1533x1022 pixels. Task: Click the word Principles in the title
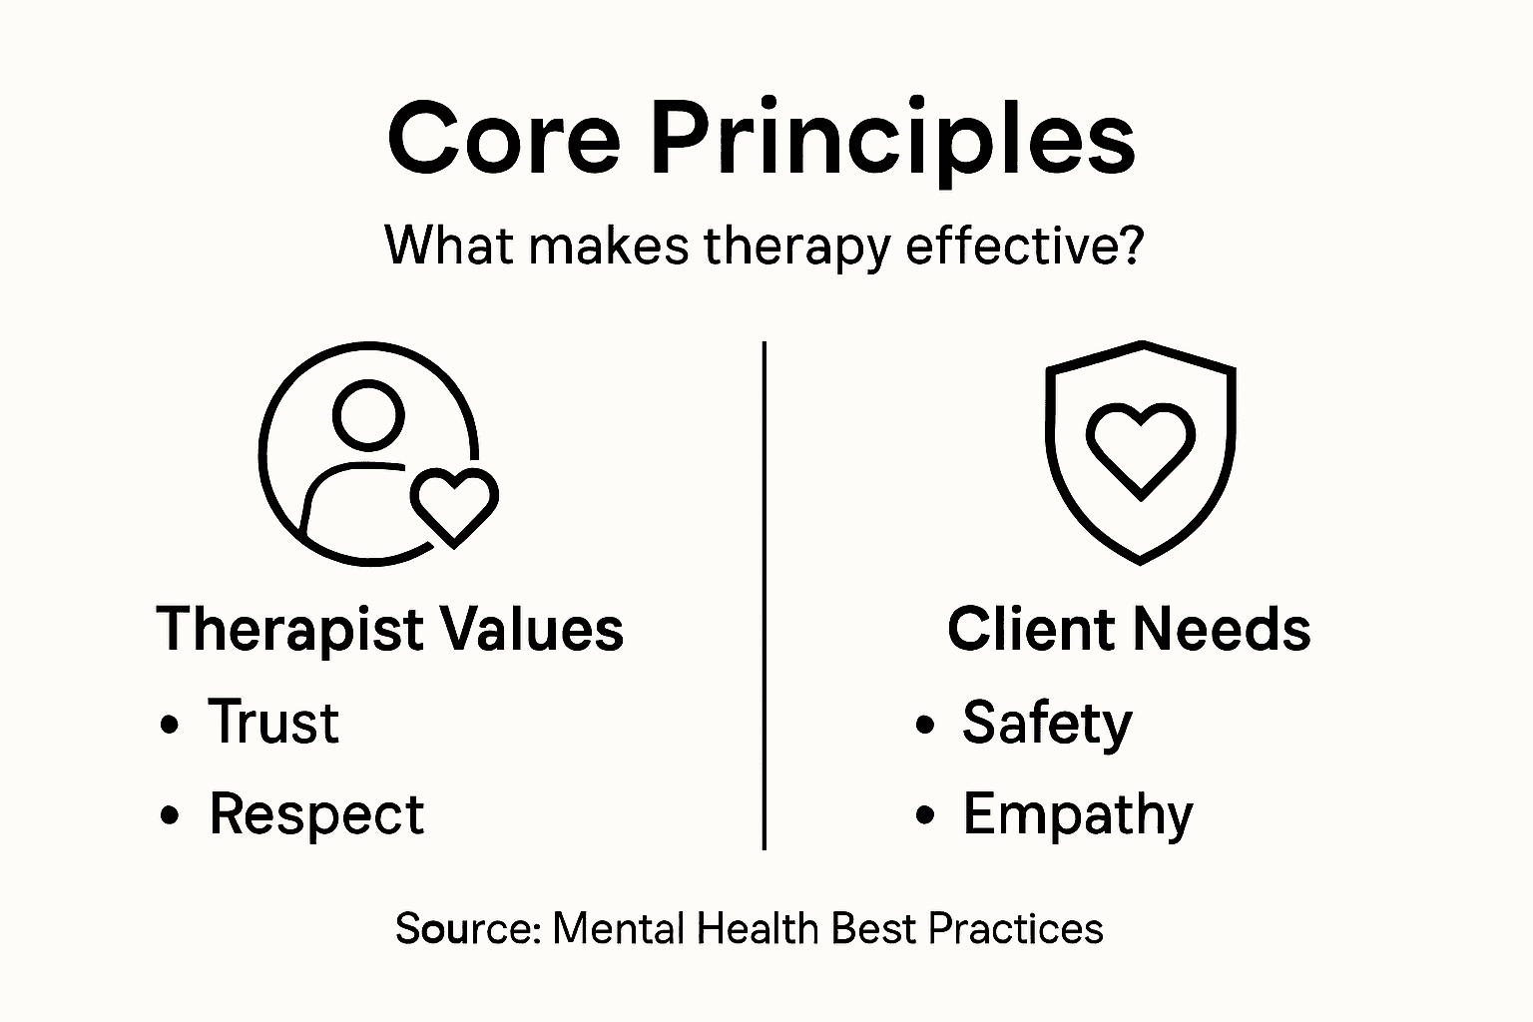(893, 140)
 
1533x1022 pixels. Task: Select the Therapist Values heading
(390, 629)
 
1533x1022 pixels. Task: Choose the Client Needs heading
(1129, 629)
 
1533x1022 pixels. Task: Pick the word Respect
(316, 814)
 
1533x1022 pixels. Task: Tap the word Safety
(1047, 723)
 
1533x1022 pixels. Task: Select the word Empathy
(1078, 815)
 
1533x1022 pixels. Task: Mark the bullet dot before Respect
(170, 815)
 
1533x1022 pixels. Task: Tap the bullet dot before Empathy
(925, 815)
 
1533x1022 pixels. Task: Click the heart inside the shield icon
(1140, 447)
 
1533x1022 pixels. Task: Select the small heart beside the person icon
(454, 505)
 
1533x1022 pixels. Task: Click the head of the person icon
(368, 414)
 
